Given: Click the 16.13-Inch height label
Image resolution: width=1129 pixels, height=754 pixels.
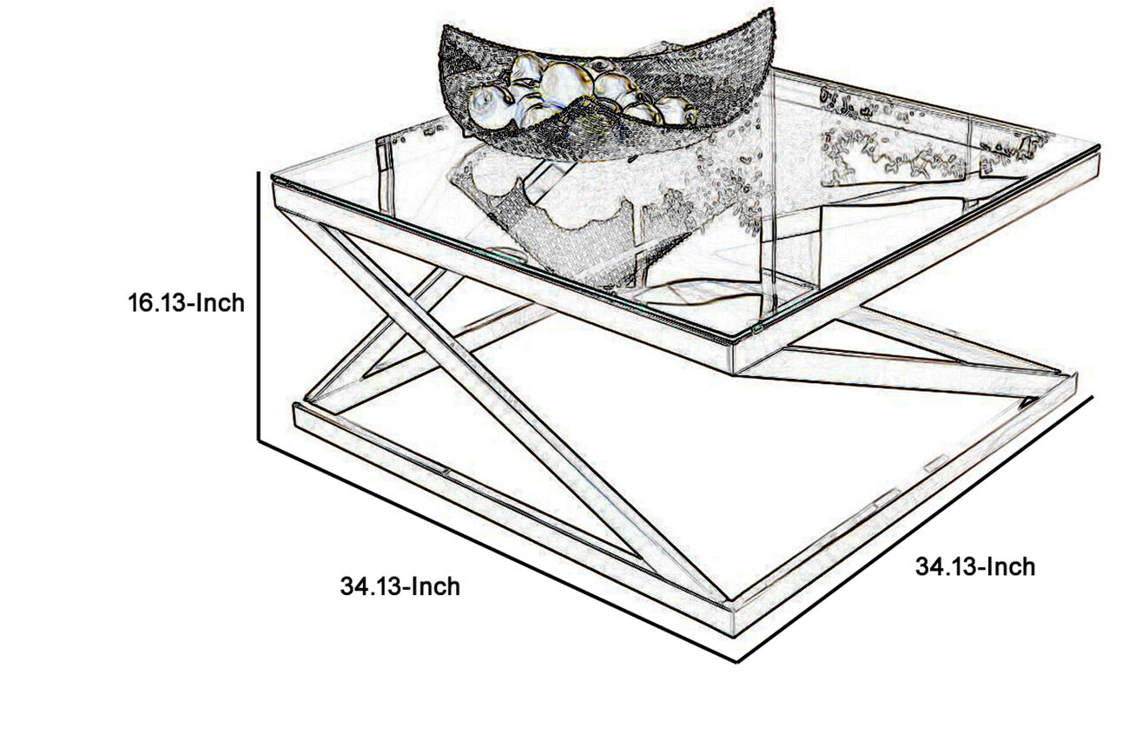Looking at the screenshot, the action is coord(187,303).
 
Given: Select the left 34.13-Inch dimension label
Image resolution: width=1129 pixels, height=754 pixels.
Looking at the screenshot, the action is coord(400,586).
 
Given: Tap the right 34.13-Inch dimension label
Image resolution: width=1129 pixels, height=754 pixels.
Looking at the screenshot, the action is coord(975,567).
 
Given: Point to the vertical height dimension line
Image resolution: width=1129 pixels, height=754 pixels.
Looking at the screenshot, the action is coord(259,307).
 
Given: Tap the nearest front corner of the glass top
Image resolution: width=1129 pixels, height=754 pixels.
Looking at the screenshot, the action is coord(733,344).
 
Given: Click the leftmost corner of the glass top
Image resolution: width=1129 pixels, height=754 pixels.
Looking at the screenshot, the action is coord(273,177).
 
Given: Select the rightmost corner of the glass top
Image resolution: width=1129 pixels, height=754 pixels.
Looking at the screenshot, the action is coord(1099,147).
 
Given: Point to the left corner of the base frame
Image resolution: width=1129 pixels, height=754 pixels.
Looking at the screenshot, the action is coord(295,405).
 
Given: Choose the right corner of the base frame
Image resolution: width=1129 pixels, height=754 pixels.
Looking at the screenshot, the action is coord(1076,374).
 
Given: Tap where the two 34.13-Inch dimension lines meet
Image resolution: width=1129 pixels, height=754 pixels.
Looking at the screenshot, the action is coord(736,661).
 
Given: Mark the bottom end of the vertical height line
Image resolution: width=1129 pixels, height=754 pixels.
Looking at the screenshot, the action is coord(259,441).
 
